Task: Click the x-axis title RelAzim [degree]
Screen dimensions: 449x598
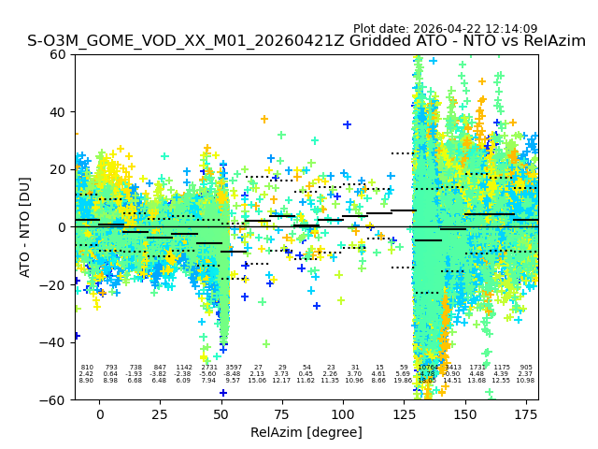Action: pos(306,432)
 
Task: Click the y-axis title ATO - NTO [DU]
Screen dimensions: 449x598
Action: pos(25,226)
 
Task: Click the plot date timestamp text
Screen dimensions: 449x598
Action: pos(445,29)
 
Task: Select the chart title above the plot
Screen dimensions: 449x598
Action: pos(306,41)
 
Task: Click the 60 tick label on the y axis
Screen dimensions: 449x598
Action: pos(58,54)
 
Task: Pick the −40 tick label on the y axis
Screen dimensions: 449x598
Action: pos(53,342)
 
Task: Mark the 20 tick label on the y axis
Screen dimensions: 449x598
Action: pos(58,169)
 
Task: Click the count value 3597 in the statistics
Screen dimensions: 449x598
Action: pos(234,368)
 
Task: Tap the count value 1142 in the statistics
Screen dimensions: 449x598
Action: pos(184,368)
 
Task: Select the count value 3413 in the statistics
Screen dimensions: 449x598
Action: pos(452,368)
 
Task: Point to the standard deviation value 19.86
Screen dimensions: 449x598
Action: pos(403,381)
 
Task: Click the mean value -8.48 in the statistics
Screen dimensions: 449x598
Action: pos(234,374)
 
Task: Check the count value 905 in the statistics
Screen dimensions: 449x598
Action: pos(526,368)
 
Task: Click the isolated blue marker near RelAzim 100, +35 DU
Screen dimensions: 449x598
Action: pos(347,124)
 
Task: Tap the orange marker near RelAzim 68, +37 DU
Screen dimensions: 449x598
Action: pos(264,119)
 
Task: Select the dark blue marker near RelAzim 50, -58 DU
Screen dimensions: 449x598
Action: pos(222,393)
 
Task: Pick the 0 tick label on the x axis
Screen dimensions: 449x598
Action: pos(99,413)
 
